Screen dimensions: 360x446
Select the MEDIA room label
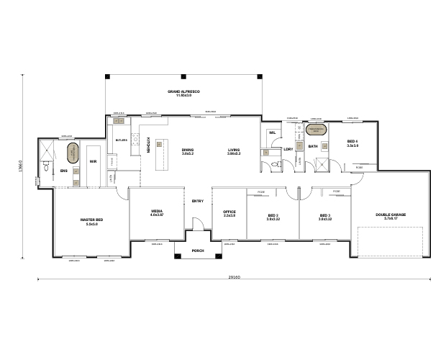(x=157, y=213)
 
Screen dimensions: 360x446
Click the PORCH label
(x=199, y=251)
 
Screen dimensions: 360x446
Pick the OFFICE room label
(x=229, y=213)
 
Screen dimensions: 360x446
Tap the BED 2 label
(x=273, y=217)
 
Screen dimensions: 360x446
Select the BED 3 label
(x=325, y=217)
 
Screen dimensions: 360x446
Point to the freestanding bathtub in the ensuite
(x=73, y=153)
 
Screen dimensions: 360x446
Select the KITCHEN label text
(x=148, y=144)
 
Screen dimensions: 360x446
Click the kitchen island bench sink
(x=163, y=151)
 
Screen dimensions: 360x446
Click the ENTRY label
(x=198, y=201)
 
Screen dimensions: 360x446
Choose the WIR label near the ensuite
(x=94, y=162)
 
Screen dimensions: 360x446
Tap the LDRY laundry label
(x=287, y=149)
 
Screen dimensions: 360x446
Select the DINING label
(x=188, y=150)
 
